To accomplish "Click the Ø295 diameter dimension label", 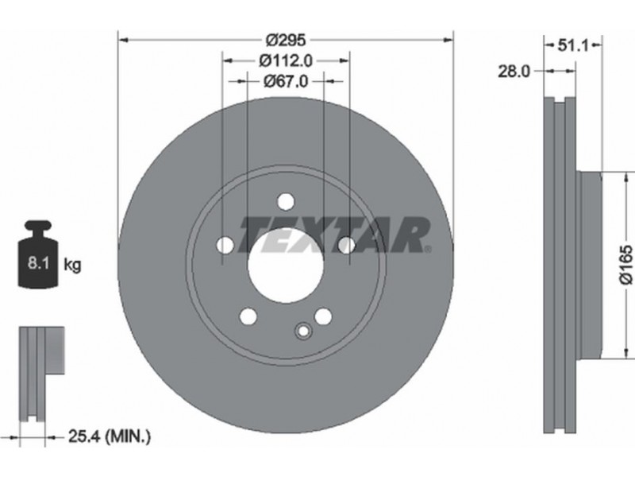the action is pyautogui.click(x=286, y=40).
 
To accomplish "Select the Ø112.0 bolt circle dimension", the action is pyautogui.click(x=286, y=61).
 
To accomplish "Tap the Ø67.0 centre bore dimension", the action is pyautogui.click(x=286, y=82).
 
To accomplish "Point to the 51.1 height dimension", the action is pyautogui.click(x=572, y=45).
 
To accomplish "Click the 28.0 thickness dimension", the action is pyautogui.click(x=514, y=72).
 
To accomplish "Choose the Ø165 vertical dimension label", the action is pyautogui.click(x=625, y=265).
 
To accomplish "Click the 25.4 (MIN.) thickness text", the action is pyautogui.click(x=110, y=436).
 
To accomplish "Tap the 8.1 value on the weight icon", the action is pyautogui.click(x=38, y=263).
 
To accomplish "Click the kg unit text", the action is pyautogui.click(x=72, y=266).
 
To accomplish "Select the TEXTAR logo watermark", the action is pyautogui.click(x=334, y=235).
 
